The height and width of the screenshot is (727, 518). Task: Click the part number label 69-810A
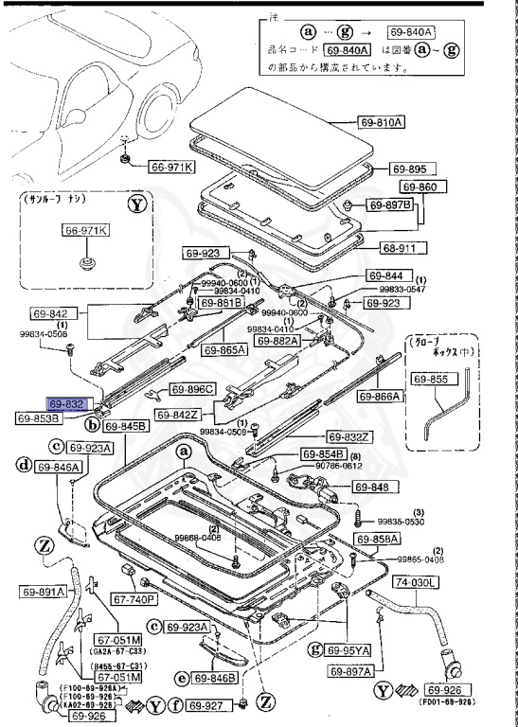pos(381,122)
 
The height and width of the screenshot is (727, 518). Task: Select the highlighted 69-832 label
pos(70,402)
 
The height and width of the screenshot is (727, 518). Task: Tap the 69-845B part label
pos(126,427)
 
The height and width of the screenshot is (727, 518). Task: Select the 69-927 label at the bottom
pos(207,704)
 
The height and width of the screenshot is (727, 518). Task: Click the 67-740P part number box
pos(134,598)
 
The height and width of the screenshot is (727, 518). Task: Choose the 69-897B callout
pos(391,205)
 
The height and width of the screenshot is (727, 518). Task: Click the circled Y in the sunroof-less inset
pos(137,204)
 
